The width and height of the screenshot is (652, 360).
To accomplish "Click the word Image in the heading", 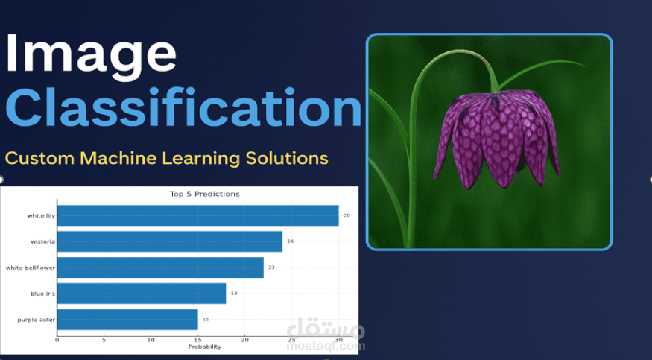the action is coord(91,56).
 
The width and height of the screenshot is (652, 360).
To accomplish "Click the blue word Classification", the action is coord(183,107).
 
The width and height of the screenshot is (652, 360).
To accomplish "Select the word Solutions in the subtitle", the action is coord(286,158).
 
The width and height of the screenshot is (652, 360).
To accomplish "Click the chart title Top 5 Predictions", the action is coord(205,194).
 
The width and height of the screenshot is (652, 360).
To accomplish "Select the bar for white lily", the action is coord(198,215).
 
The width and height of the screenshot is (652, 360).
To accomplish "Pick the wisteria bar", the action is coord(170,241).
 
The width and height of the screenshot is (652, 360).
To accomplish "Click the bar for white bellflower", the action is coord(160,268).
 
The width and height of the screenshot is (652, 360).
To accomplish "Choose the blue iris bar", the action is coord(142,294).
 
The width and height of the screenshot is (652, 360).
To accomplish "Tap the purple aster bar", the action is coord(127,320).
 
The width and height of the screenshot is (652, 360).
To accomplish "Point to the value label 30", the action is coord(346,215).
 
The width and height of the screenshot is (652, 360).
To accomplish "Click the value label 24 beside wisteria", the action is coord(291,241).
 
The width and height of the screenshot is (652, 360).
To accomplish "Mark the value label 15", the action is coord(206,319).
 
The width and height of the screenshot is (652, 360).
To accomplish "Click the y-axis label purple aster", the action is coord(37,320).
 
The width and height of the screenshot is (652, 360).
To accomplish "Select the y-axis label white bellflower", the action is coord(31,268).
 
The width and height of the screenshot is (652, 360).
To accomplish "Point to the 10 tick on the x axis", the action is coord(151,340).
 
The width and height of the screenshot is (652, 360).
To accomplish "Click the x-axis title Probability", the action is coord(205,347).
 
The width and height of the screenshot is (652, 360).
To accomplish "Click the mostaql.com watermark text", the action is coord(326,345).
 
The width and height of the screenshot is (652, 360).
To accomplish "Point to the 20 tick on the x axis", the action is coord(245,340).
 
